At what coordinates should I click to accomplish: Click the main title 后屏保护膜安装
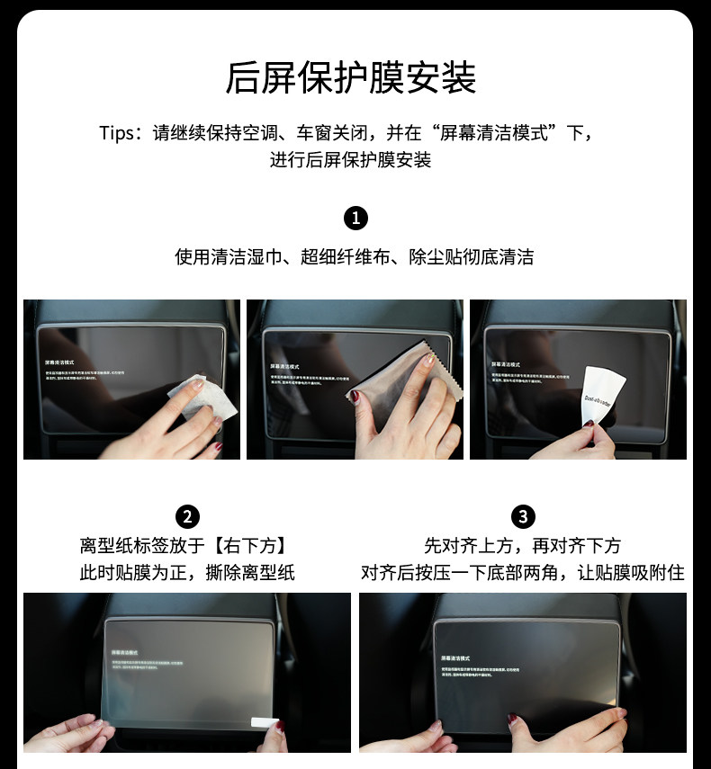click(x=351, y=78)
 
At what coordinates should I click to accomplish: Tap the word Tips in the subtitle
click(x=116, y=134)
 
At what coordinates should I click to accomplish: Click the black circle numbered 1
click(x=355, y=219)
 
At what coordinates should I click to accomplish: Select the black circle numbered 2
click(x=187, y=516)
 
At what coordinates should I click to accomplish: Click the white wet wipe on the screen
click(x=205, y=399)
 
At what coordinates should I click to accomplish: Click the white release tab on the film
click(x=264, y=722)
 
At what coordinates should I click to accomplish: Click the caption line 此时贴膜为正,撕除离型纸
click(x=187, y=573)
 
